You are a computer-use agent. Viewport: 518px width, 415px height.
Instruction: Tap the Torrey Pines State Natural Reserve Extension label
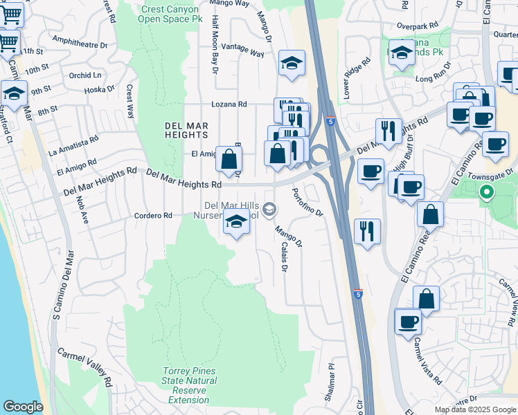(x=189, y=386)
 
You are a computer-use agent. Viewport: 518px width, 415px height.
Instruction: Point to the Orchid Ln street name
(x=84, y=75)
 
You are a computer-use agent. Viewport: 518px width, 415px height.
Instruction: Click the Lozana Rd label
(x=229, y=104)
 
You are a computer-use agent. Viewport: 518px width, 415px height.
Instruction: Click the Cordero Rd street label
(x=152, y=216)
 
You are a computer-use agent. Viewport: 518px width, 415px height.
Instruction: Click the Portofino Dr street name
(x=307, y=203)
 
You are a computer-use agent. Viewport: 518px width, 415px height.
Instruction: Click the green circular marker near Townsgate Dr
(x=487, y=193)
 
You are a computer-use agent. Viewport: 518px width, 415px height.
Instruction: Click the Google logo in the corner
(x=23, y=407)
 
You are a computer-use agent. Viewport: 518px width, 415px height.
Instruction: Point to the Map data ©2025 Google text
(x=475, y=409)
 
